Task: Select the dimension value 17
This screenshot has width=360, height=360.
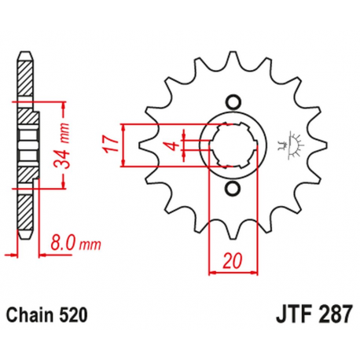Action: coord(112,145)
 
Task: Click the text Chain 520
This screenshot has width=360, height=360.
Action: coord(44,315)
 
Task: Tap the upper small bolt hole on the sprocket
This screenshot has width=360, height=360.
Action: coord(232,101)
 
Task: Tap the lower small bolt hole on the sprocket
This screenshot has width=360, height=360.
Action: coord(232,190)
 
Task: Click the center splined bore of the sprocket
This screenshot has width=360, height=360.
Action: coord(232,145)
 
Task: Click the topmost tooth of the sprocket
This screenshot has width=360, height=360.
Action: coord(232,61)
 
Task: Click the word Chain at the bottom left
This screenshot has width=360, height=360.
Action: coord(31,315)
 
